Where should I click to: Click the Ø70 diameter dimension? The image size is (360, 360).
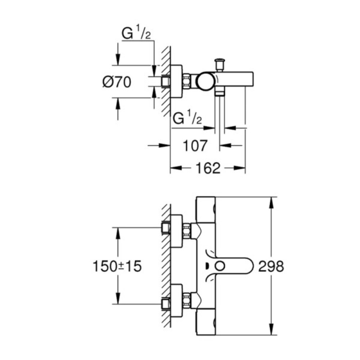pyautogui.click(x=116, y=82)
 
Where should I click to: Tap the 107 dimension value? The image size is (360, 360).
pyautogui.click(x=195, y=145)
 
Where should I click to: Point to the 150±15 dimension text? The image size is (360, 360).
pyautogui.click(x=117, y=266)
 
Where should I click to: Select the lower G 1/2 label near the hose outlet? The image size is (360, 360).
pyautogui.click(x=187, y=118)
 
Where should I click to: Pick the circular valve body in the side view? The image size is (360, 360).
pyautogui.click(x=204, y=81)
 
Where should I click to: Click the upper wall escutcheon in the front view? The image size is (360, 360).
pyautogui.click(x=176, y=231)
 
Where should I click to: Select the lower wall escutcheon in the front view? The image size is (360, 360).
pyautogui.click(x=176, y=301)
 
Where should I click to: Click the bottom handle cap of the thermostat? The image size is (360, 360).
pyautogui.click(x=205, y=322)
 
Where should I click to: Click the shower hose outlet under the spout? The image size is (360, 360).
pyautogui.click(x=219, y=93)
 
